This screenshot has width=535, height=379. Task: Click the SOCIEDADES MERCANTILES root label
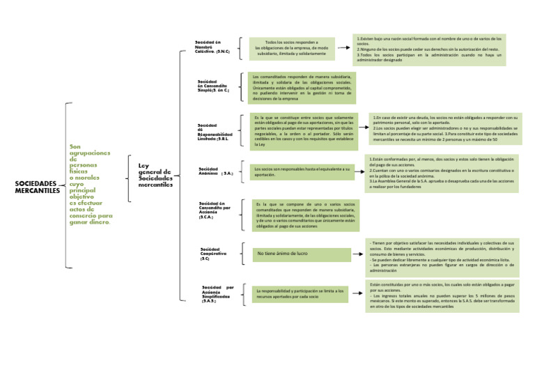click(37, 187)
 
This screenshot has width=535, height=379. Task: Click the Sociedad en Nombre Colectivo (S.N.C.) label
click(213, 47)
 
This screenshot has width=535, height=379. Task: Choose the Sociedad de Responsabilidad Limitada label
click(215, 132)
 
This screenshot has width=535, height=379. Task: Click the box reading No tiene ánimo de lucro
click(302, 254)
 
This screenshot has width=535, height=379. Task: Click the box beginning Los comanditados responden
click(302, 87)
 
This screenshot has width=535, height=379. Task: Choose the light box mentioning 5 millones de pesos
click(442, 296)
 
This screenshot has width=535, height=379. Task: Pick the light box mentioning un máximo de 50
click(444, 129)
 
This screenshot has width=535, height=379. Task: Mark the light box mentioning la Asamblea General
click(442, 173)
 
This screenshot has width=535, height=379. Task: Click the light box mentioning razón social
click(431, 49)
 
